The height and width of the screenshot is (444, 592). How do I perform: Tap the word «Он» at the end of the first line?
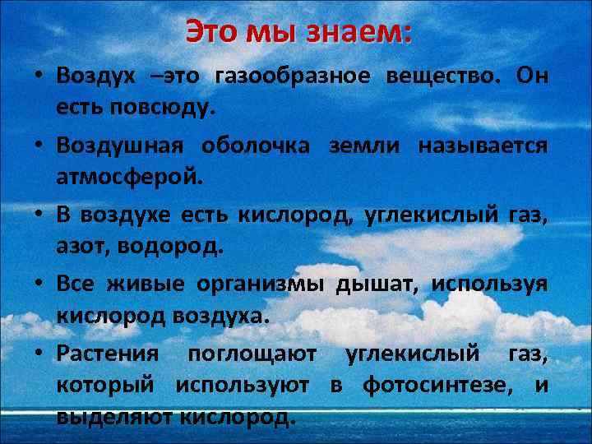pos(532,76)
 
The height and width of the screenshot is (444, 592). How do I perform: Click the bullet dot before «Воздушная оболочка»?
pos(39,146)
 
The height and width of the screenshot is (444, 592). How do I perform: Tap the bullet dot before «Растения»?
pos(39,353)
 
